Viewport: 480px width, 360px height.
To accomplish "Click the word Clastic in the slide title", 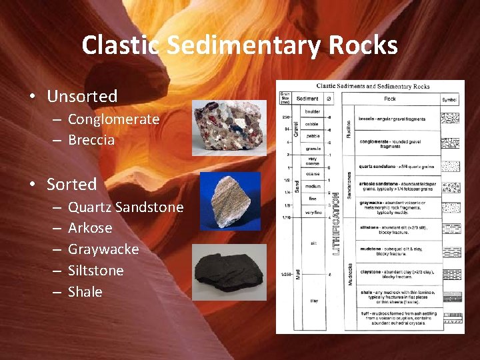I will coord(121,45).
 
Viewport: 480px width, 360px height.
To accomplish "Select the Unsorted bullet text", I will coord(82,96).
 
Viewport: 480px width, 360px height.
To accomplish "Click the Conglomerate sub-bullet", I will coord(113,119).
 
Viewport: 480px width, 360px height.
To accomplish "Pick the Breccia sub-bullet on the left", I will coord(91,140).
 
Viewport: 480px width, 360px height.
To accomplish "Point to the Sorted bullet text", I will coord(71,184).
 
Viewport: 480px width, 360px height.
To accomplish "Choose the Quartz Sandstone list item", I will coord(125,207).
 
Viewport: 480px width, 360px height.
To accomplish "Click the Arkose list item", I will coord(90,228).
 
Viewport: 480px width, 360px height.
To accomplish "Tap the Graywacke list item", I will coord(103,249).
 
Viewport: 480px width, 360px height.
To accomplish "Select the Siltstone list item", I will coord(96,271).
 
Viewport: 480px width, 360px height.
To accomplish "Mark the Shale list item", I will coord(85,292).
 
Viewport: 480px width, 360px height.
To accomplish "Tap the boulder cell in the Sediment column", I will coord(313,111).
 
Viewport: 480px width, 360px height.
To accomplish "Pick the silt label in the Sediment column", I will coord(313,244).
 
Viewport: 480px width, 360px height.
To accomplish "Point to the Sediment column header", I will coord(307,99).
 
